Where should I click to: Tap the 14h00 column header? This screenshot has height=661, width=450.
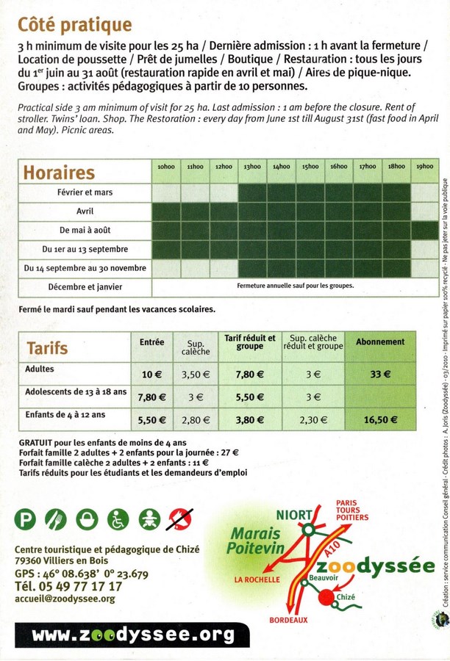click(x=281, y=167)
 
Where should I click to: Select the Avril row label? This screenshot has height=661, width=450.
click(x=85, y=211)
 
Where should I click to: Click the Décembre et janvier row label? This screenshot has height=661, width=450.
click(x=85, y=286)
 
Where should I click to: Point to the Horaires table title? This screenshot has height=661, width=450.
click(x=60, y=173)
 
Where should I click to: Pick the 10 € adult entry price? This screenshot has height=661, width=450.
click(x=151, y=375)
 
